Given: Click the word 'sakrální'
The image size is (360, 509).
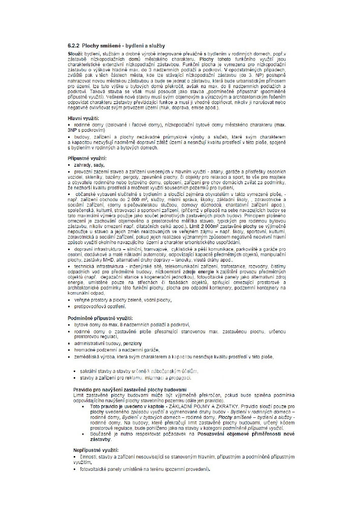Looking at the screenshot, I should (x=89, y=372).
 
